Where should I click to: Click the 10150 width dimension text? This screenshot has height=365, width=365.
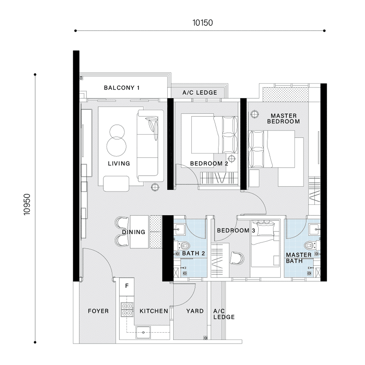click(202, 23)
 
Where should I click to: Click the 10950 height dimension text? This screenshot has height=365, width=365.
click(27, 204)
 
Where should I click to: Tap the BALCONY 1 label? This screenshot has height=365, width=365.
click(122, 88)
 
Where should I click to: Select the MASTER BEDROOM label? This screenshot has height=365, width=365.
click(284, 119)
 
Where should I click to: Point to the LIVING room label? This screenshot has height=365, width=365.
click(119, 164)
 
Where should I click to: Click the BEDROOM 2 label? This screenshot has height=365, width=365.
click(209, 164)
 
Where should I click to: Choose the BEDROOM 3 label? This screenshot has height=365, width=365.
click(236, 230)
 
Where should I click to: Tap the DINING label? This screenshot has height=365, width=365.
click(133, 232)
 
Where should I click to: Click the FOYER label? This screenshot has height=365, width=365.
click(98, 311)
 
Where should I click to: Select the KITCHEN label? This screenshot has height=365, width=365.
click(154, 311)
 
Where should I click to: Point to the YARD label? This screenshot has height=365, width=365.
click(195, 311)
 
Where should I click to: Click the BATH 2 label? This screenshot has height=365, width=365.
click(193, 253)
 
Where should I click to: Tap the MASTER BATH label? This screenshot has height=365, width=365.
click(299, 258)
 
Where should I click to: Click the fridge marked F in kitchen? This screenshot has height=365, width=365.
click(127, 286)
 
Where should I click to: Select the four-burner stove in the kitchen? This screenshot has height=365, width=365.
click(127, 310)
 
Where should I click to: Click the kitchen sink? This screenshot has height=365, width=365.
click(143, 332)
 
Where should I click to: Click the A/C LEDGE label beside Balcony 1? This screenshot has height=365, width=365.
click(200, 93)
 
